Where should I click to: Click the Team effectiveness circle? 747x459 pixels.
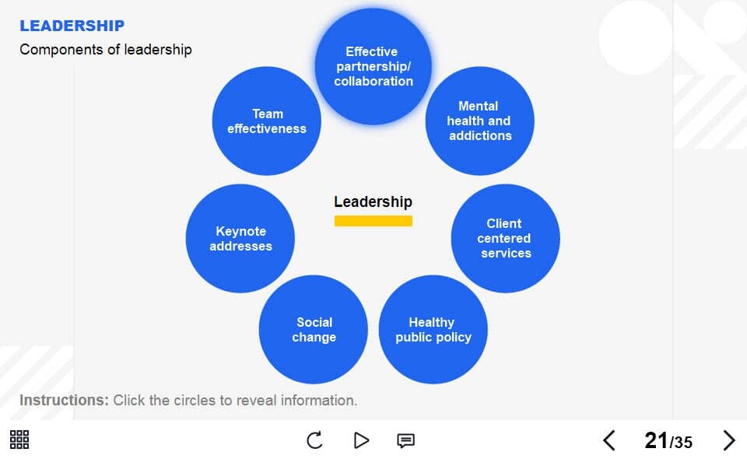click(267, 121)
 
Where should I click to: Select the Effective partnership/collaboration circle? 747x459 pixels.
click(373, 67)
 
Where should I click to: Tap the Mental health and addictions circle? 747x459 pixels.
click(480, 121)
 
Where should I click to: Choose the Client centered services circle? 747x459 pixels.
click(506, 239)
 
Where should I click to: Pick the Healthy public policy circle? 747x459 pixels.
click(433, 330)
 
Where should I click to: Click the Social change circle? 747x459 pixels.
click(314, 330)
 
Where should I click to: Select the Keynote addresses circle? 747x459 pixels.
click(240, 239)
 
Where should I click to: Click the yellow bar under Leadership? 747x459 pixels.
click(373, 221)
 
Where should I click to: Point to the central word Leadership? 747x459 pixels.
click(373, 202)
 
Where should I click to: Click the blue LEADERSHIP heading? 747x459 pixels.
click(72, 26)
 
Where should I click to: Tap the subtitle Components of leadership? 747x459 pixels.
click(106, 50)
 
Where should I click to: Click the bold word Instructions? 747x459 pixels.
click(65, 401)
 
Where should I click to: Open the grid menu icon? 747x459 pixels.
click(19, 440)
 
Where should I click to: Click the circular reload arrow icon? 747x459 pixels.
click(314, 440)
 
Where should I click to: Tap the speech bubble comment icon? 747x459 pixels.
click(406, 440)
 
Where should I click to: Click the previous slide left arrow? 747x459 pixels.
click(609, 440)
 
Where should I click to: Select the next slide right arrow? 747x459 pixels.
click(729, 440)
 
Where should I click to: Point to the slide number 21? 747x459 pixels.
click(657, 440)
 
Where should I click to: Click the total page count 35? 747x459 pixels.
click(682, 443)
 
